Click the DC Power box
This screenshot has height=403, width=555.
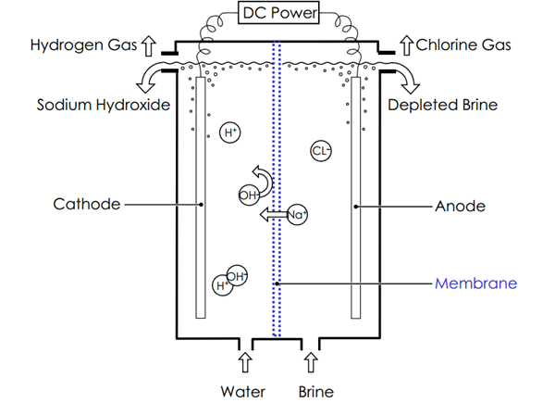(x=277, y=14)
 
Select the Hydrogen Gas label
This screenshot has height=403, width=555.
(x=80, y=44)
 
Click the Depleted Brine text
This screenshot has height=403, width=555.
(x=442, y=105)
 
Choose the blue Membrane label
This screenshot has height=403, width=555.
(x=475, y=283)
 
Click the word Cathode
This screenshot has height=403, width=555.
(x=88, y=204)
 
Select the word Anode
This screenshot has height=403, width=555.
(x=460, y=206)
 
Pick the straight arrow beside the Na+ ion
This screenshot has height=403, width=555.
(x=271, y=215)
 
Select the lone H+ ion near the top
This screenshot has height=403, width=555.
(x=231, y=133)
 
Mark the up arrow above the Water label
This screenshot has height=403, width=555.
(x=244, y=359)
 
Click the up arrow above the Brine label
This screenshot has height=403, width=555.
(x=310, y=359)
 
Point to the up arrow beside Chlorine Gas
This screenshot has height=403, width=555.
(x=406, y=44)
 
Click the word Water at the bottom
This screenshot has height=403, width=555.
(x=243, y=391)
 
